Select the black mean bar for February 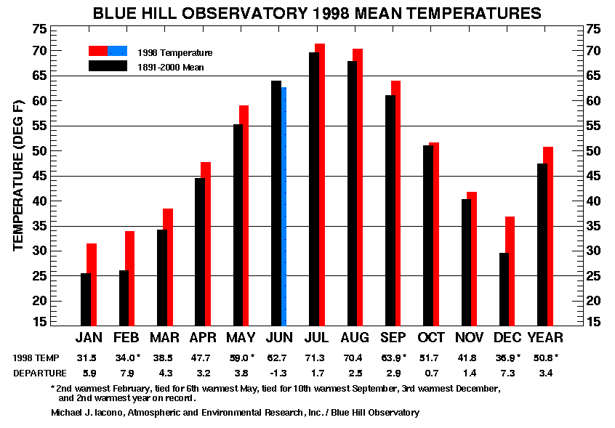(x=124, y=298)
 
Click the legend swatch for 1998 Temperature (x=108, y=52)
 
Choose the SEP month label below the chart (x=394, y=338)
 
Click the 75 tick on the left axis (x=39, y=29)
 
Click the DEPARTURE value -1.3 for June (x=279, y=373)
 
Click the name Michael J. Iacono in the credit (x=87, y=413)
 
